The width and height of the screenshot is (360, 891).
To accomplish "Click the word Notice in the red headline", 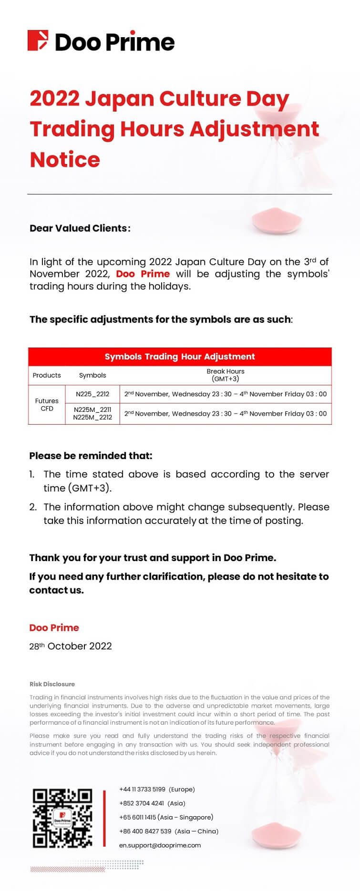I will [65, 160].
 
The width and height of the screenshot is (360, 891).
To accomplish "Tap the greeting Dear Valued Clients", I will [79, 228].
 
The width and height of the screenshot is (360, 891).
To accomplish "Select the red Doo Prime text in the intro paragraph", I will [143, 274].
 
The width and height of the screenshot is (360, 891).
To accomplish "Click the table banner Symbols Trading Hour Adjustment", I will [180, 357].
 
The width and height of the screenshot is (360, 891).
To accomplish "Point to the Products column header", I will [47, 375].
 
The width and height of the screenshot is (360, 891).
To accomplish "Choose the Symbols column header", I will [93, 375].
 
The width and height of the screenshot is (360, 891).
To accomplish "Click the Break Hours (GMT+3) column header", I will [225, 375].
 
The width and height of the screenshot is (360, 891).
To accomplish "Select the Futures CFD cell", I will [47, 405].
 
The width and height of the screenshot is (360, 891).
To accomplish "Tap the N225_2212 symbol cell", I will [93, 394].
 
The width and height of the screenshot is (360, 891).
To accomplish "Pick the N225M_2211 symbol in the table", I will [93, 410].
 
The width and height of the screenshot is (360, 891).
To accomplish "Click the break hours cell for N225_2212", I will [225, 394].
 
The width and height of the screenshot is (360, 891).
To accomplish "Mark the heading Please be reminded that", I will [91, 456].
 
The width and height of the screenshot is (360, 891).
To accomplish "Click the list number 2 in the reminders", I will [33, 507].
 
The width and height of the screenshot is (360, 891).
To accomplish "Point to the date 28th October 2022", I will [71, 646].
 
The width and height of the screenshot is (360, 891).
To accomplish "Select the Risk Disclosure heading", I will [52, 684].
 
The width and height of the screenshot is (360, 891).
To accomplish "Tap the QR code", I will [62, 818].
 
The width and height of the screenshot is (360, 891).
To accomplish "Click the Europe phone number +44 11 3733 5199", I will [157, 789].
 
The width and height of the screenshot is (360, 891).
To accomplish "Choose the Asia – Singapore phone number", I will [166, 817].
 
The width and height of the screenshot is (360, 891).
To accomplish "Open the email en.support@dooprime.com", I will [160, 845].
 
